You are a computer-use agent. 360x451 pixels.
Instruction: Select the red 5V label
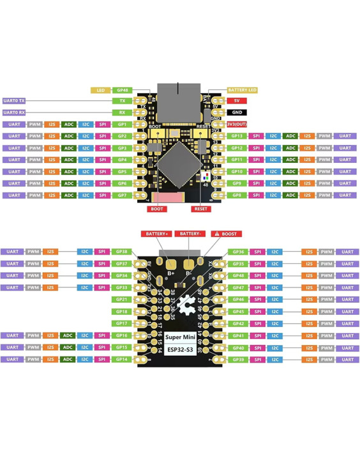[237, 101]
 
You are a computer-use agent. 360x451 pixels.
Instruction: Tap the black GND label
[237, 112]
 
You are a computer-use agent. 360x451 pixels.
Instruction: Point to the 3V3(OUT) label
[237, 124]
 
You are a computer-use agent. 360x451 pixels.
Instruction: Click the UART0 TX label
[14, 101]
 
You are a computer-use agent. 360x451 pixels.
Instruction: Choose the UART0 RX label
[14, 112]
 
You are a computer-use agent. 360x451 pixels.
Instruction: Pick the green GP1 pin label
[122, 124]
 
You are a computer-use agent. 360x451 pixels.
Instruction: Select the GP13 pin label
[237, 136]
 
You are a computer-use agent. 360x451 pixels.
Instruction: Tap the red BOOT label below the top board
[157, 208]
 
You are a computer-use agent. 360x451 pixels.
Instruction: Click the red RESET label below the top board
[200, 208]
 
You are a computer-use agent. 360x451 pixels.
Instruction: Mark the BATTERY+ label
[156, 234]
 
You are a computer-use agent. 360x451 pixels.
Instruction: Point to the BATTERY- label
[191, 234]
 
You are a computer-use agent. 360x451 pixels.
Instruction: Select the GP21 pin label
[122, 299]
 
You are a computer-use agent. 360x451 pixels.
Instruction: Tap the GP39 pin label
[238, 359]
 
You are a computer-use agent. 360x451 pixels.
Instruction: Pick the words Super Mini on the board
[180, 337]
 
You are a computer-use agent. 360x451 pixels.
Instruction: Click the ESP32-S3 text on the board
[180, 349]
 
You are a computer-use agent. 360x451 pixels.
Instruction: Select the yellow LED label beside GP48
[100, 90]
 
